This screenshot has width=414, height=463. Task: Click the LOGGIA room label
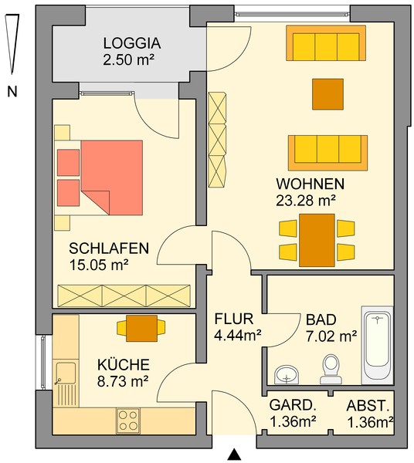132,43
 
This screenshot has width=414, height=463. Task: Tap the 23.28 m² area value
306,201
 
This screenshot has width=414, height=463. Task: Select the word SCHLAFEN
109,248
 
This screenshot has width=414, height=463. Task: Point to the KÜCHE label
124,364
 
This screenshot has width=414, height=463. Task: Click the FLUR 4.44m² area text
238,335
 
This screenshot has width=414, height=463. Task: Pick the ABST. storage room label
368,406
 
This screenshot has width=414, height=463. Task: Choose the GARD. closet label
293,405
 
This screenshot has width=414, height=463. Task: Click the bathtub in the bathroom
377,346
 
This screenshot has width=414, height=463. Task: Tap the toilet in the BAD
331,369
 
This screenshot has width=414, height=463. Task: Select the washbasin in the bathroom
287,375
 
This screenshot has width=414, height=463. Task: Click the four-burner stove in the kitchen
128,421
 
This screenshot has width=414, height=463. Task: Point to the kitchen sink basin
66,373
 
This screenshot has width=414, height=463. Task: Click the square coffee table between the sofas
328,94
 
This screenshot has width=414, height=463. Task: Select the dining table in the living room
317,240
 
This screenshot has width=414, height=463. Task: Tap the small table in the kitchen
141,329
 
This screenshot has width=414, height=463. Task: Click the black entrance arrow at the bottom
235,455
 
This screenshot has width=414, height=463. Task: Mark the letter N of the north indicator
12,91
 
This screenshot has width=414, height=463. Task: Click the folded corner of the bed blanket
96,202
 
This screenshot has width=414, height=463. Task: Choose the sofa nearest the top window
326,42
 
